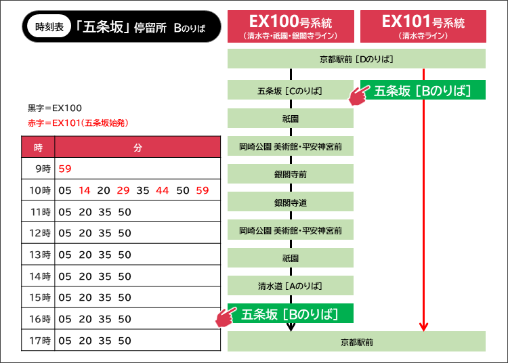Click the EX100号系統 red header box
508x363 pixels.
tap(291, 26)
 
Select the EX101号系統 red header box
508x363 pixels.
tap(423, 26)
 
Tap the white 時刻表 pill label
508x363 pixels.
tap(48, 27)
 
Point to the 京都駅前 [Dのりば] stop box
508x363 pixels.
tap(356, 59)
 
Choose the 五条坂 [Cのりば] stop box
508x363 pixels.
tap(291, 90)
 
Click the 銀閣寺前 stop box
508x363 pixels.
tap(291, 174)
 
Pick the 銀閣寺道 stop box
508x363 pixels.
tap(291, 202)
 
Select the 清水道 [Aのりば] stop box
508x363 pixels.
tap(291, 285)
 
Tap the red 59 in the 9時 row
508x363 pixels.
tap(65, 168)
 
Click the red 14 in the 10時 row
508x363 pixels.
tap(84, 191)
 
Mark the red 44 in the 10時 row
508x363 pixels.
tap(163, 191)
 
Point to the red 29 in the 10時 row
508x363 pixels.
tap(123, 191)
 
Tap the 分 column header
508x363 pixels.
tap(137, 147)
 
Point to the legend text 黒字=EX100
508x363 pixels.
tap(55, 108)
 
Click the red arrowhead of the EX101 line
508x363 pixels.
tap(423, 327)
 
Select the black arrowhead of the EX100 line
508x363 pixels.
tap(291, 327)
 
